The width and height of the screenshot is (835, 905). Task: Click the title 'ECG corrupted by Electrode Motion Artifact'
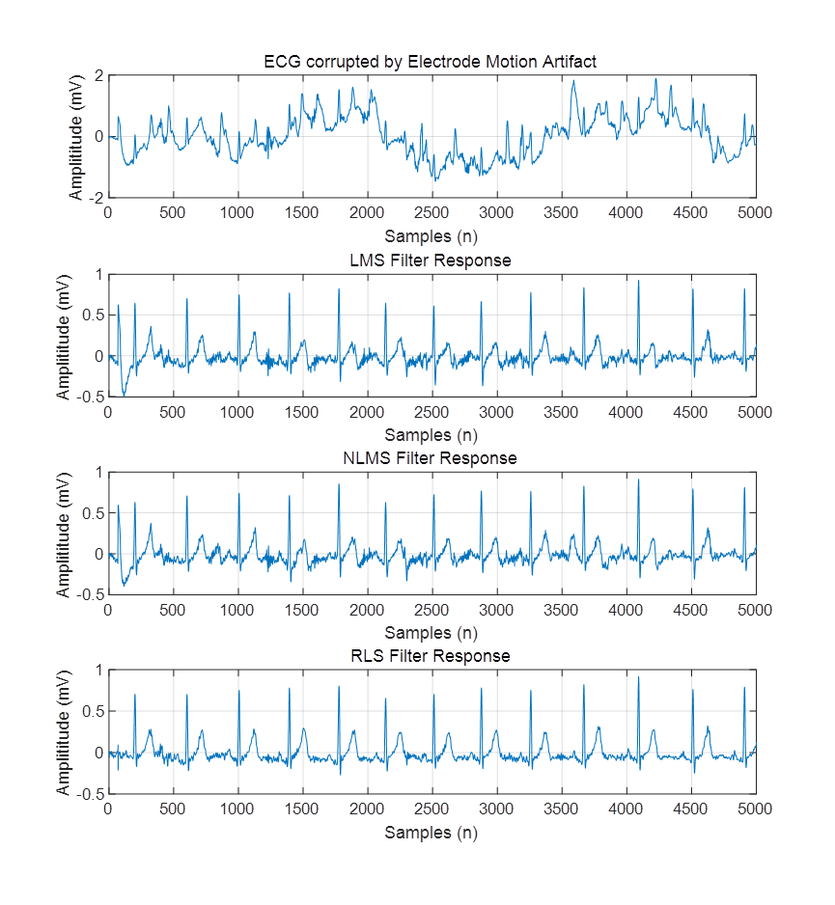click(431, 62)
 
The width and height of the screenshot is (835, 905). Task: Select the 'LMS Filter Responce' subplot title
click(431, 261)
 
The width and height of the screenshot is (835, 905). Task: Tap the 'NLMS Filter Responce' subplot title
click(431, 458)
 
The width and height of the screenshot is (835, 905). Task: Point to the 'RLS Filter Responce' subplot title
click(431, 656)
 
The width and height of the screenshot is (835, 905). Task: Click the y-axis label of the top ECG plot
click(76, 137)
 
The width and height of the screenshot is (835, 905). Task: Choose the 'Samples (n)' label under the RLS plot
click(431, 832)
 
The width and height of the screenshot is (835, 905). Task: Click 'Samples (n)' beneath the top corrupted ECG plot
click(431, 235)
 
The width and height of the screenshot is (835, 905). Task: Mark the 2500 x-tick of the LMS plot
click(431, 412)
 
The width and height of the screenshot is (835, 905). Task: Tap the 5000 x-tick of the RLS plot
click(754, 809)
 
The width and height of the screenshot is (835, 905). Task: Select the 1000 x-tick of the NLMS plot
click(237, 610)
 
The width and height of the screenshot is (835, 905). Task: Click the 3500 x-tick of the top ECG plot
click(560, 213)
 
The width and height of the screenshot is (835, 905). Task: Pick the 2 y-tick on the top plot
click(98, 75)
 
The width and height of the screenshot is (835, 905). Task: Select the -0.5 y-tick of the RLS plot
click(91, 793)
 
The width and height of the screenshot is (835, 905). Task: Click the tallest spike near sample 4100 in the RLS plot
click(638, 677)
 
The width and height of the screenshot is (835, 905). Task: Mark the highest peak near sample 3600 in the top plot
click(573, 81)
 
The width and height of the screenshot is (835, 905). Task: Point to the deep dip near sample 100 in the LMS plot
click(123, 395)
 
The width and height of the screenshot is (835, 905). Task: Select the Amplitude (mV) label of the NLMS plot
click(64, 534)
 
